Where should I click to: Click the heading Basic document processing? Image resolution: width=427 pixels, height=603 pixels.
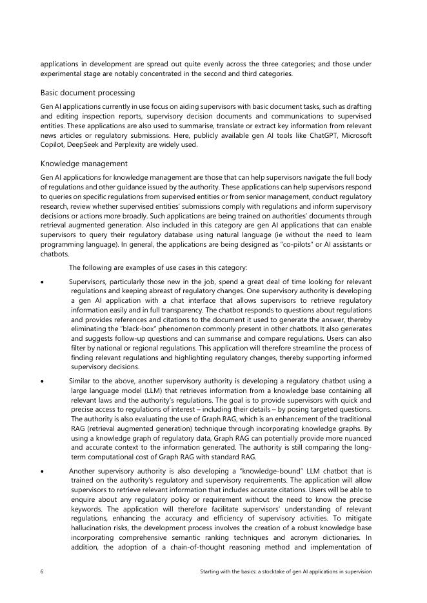[x=88, y=93]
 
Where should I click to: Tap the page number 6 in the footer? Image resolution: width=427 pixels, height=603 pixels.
[x=42, y=571]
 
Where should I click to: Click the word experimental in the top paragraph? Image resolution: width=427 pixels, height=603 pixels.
[x=65, y=73]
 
